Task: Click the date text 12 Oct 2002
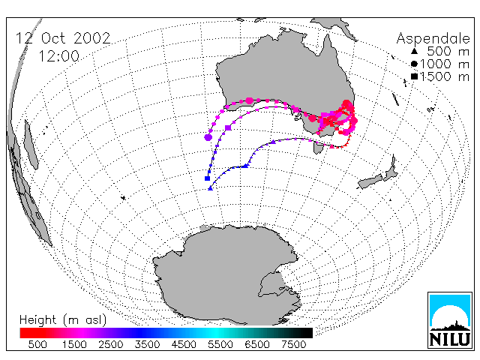tap(63, 38)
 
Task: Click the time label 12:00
tap(58, 57)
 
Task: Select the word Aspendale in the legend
tap(433, 39)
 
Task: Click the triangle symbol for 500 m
tap(414, 51)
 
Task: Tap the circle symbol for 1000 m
tap(414, 64)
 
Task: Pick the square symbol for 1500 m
tap(414, 76)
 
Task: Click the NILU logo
tap(450, 320)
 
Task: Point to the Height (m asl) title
tap(63, 320)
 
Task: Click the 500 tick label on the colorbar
tap(37, 345)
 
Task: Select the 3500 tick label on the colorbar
tap(147, 345)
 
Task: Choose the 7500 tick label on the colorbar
tap(293, 345)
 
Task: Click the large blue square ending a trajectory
tap(207, 178)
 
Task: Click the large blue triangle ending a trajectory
tap(210, 188)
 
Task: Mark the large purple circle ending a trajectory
tap(208, 137)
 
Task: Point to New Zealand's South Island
tap(370, 182)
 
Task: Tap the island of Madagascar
tap(31, 145)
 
